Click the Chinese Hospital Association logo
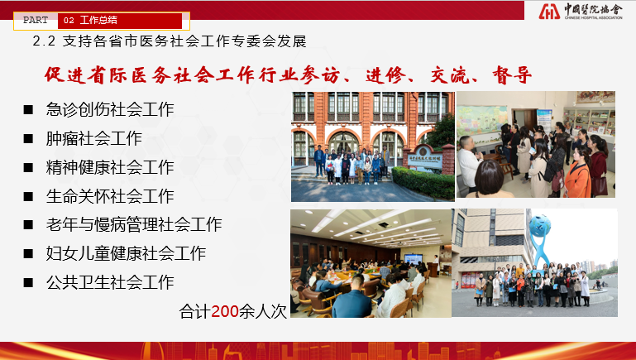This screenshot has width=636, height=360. pos(581,11)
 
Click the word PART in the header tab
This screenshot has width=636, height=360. pos(36,21)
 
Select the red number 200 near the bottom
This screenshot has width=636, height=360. pos(225,312)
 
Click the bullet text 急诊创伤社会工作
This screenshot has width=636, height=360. pos(110,109)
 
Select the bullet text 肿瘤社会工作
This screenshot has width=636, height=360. pos(93,138)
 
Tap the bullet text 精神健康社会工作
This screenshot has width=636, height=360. pos(110,167)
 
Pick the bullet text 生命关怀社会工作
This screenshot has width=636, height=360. pos(110,196)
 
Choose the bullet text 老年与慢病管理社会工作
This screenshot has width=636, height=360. pos(134,224)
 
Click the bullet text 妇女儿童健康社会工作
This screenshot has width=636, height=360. pos(126,254)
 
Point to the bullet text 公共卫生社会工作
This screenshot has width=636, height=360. pos(110,282)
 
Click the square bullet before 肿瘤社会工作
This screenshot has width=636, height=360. pos(28,139)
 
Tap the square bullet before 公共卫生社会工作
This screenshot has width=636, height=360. pos(28,283)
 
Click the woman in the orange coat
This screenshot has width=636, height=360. pos(578,175)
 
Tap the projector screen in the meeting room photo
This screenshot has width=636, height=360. pos(414,258)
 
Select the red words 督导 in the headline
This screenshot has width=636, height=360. pos(512,75)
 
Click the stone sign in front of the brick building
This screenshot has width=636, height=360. pos(424,159)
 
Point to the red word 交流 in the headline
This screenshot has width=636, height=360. pos(450,75)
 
